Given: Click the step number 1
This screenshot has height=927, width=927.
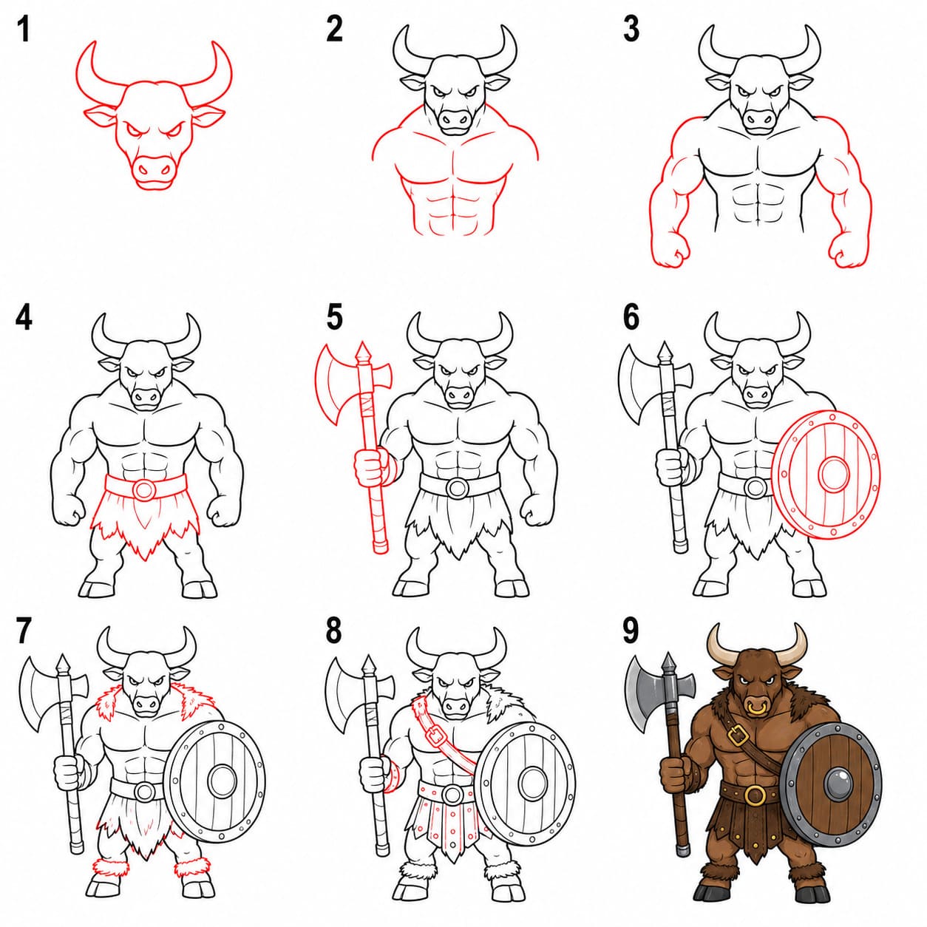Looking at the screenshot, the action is tap(23, 30).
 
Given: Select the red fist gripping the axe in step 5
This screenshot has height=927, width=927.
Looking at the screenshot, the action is tap(370, 466).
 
